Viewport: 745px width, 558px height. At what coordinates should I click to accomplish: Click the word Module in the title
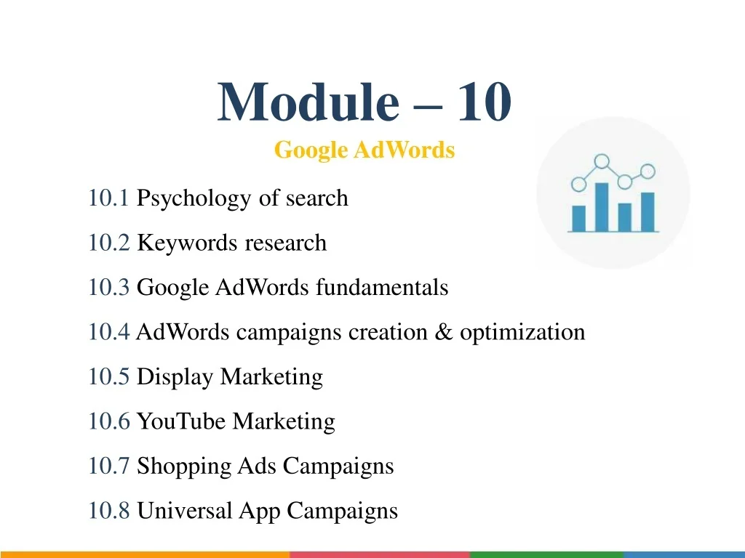point(308,102)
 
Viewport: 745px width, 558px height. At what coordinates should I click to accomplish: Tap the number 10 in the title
point(484,102)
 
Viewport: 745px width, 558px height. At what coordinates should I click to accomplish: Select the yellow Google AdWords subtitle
point(364,150)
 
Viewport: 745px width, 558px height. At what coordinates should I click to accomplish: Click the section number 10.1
point(109,198)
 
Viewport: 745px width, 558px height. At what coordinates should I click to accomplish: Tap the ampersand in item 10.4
point(443,332)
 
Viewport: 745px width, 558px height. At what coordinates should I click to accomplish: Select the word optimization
point(522,333)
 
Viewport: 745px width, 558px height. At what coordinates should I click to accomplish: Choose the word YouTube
point(181,421)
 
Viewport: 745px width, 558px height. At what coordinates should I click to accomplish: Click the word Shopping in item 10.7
point(183,466)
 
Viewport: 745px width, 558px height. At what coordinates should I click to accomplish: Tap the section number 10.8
point(109,511)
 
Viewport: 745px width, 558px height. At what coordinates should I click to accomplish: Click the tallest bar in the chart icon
point(602,207)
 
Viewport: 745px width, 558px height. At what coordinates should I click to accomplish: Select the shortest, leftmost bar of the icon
point(578,218)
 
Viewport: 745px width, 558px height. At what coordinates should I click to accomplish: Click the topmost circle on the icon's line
point(602,161)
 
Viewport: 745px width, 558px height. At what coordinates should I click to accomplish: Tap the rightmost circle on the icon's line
point(648,171)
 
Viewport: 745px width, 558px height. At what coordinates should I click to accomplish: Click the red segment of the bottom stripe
point(380,554)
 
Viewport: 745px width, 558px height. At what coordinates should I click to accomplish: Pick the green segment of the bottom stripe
point(546,554)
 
